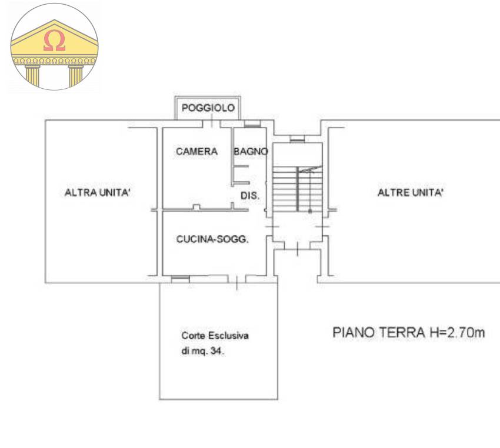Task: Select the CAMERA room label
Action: tap(196, 152)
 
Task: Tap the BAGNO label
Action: tap(251, 152)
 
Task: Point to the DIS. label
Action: tap(250, 195)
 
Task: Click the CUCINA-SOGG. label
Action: tap(212, 239)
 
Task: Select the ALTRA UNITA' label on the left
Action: tap(97, 193)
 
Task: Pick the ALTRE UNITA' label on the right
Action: tap(410, 193)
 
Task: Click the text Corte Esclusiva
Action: tap(215, 336)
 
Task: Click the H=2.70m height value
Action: tap(455, 333)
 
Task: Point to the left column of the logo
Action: tap(31, 76)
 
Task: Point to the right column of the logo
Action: tap(76, 76)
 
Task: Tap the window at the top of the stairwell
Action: tap(297, 139)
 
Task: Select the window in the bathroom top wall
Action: tap(252, 124)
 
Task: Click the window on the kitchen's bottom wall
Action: tap(180, 278)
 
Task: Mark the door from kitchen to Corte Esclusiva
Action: tap(236, 282)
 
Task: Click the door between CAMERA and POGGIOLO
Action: tap(212, 123)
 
